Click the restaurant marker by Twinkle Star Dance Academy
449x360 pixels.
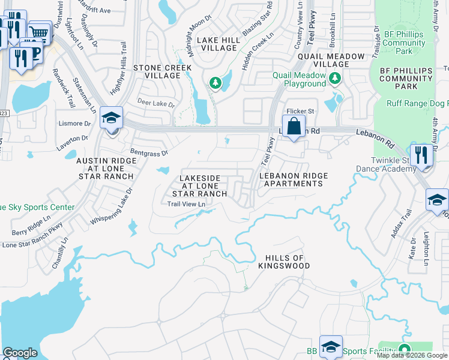(x=421, y=155)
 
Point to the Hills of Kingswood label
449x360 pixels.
(x=285, y=261)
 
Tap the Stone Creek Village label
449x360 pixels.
(x=157, y=71)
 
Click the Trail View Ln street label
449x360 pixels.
(x=186, y=204)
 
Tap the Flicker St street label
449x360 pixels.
(x=300, y=112)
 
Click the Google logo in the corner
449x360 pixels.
(x=20, y=352)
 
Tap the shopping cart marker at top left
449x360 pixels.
(x=39, y=32)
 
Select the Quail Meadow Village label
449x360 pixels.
(x=330, y=60)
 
